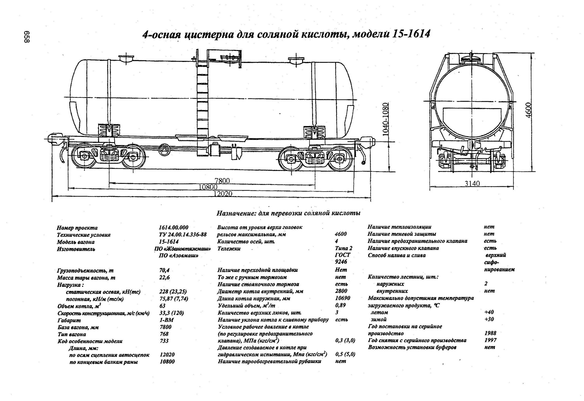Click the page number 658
pos(27,37)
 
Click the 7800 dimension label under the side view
pos(222,181)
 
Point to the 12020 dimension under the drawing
pos(223,194)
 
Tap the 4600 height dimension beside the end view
pos(529,110)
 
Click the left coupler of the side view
pos(54,139)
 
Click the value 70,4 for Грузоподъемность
pos(164,270)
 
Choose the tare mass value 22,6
pos(164,278)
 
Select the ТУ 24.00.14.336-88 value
pos(183,234)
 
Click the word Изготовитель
pos(76,249)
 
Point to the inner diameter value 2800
pos(341,291)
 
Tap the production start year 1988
pos(490,333)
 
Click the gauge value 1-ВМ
pos(166,320)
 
